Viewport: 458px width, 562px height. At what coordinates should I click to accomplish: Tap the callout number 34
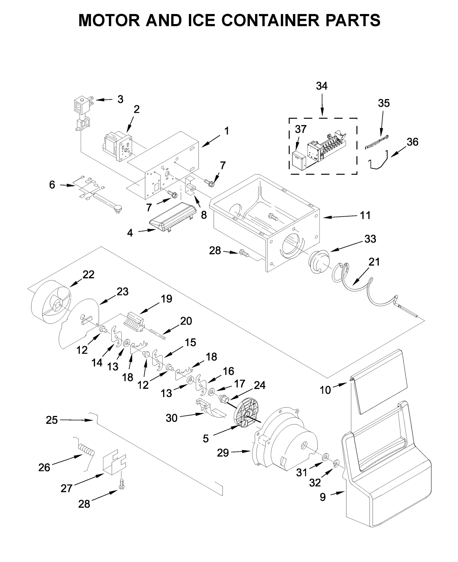click(x=321, y=86)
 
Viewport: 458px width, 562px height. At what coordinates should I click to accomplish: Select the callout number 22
click(x=88, y=274)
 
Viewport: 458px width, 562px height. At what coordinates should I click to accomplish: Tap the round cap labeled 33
click(x=319, y=262)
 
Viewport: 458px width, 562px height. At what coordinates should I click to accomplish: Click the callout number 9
click(x=323, y=497)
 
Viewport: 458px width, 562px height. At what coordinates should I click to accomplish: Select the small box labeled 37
click(x=298, y=161)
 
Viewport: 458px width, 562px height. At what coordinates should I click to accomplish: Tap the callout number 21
click(x=374, y=262)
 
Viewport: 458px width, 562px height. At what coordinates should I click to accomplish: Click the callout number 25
click(x=52, y=420)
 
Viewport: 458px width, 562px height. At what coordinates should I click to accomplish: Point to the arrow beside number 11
click(x=338, y=217)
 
